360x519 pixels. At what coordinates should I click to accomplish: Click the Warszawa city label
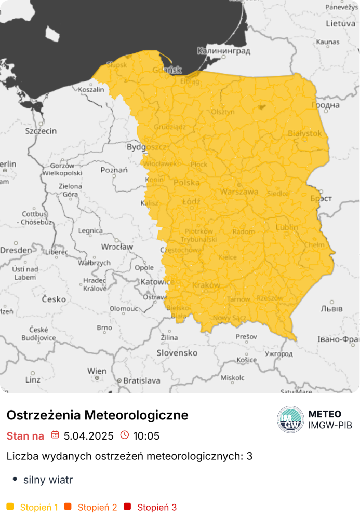tap(239, 192)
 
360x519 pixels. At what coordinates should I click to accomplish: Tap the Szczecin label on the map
tap(41, 131)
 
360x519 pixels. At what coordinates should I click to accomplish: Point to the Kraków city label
tap(206, 285)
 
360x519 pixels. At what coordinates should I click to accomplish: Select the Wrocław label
tap(117, 247)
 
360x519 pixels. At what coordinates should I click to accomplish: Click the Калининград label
tap(223, 51)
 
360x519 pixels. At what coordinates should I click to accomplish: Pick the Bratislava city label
tap(141, 380)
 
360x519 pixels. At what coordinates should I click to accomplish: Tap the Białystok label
tap(305, 133)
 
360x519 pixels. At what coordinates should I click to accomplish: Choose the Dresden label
tap(16, 250)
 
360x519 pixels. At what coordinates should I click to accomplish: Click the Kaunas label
tap(328, 42)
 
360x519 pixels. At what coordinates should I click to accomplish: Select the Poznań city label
tap(114, 170)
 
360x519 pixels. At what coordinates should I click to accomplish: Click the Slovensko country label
tap(177, 353)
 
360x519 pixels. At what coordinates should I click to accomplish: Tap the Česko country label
tap(54, 299)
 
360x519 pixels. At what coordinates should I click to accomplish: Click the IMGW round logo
tap(290, 419)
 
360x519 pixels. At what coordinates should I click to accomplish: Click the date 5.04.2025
tap(88, 436)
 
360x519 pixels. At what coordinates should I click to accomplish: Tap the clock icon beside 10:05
tap(124, 435)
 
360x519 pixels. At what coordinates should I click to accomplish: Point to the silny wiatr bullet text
tap(48, 480)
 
